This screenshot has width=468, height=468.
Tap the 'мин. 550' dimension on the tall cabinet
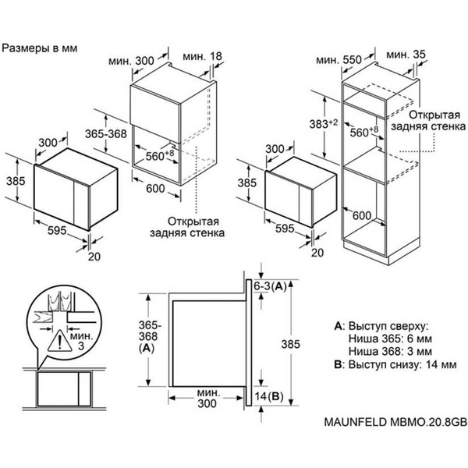click(339, 60)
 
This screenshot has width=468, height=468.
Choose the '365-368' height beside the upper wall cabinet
click(106, 135)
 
